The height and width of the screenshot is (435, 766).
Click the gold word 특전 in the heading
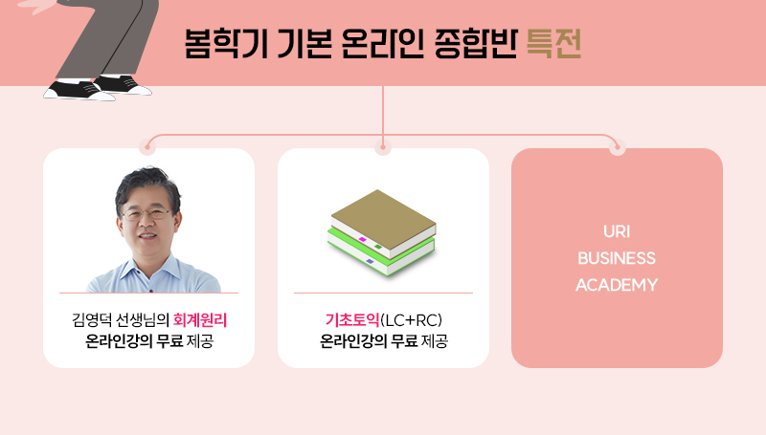coord(553,44)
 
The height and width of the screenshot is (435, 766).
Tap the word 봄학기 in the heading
coord(226,44)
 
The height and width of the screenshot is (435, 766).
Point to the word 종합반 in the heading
coord(475,44)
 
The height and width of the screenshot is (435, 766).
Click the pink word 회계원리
coord(200,320)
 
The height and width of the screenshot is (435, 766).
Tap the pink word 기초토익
coord(352,320)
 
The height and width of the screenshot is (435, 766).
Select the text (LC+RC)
coord(411,320)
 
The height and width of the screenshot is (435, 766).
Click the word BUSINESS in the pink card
coord(617,258)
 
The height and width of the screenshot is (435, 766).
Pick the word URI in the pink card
coord(617,231)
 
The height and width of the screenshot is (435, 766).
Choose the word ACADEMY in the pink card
coord(617,285)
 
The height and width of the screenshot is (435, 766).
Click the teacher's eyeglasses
coord(146,213)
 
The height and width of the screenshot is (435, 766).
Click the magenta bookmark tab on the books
coord(363,239)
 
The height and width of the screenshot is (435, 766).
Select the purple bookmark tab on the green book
coord(371,262)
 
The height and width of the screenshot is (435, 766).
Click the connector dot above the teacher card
coord(148,147)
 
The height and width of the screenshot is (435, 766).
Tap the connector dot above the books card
coord(383,147)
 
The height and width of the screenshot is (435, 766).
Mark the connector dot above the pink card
coord(618,147)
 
